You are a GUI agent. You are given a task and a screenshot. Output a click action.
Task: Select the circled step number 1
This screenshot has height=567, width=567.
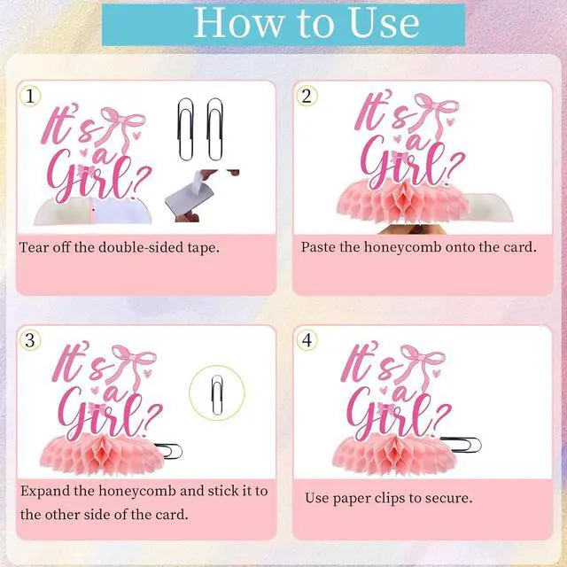point(30,96)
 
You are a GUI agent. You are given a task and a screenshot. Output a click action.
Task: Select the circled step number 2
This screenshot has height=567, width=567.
point(307,96)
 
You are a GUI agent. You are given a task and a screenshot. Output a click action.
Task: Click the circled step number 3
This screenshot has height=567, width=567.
point(30,340)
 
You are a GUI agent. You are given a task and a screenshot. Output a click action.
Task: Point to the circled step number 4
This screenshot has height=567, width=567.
point(307,340)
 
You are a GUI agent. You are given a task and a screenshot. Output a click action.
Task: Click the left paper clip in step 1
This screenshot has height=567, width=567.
point(186,129)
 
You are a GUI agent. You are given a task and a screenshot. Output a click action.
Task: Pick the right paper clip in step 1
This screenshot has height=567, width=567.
point(214,129)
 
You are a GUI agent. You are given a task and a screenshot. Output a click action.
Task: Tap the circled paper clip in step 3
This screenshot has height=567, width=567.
point(216,394)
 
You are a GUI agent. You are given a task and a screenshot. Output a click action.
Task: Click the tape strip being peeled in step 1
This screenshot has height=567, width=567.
point(189,195)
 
